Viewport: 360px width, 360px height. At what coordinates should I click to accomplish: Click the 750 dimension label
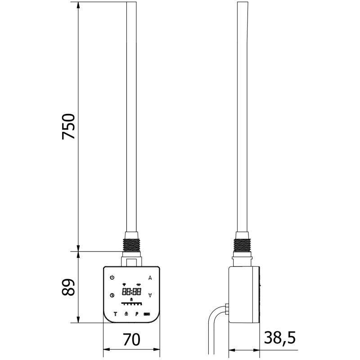point(68,126)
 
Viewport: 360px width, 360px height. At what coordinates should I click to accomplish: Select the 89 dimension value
point(68,287)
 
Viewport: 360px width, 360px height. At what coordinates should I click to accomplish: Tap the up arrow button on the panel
point(150,277)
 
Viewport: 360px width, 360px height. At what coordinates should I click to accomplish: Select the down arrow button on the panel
point(150,295)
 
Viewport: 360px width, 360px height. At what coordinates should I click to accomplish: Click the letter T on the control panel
point(115,313)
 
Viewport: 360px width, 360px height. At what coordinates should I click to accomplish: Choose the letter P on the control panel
point(136,313)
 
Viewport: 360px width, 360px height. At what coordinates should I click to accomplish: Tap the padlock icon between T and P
point(126,313)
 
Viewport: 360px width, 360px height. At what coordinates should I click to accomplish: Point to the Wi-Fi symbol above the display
point(124,284)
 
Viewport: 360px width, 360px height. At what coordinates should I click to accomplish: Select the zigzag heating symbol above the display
point(139,284)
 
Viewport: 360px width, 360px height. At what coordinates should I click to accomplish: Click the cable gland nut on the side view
point(227,310)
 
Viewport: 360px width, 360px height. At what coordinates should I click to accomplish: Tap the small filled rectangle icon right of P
point(147,314)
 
